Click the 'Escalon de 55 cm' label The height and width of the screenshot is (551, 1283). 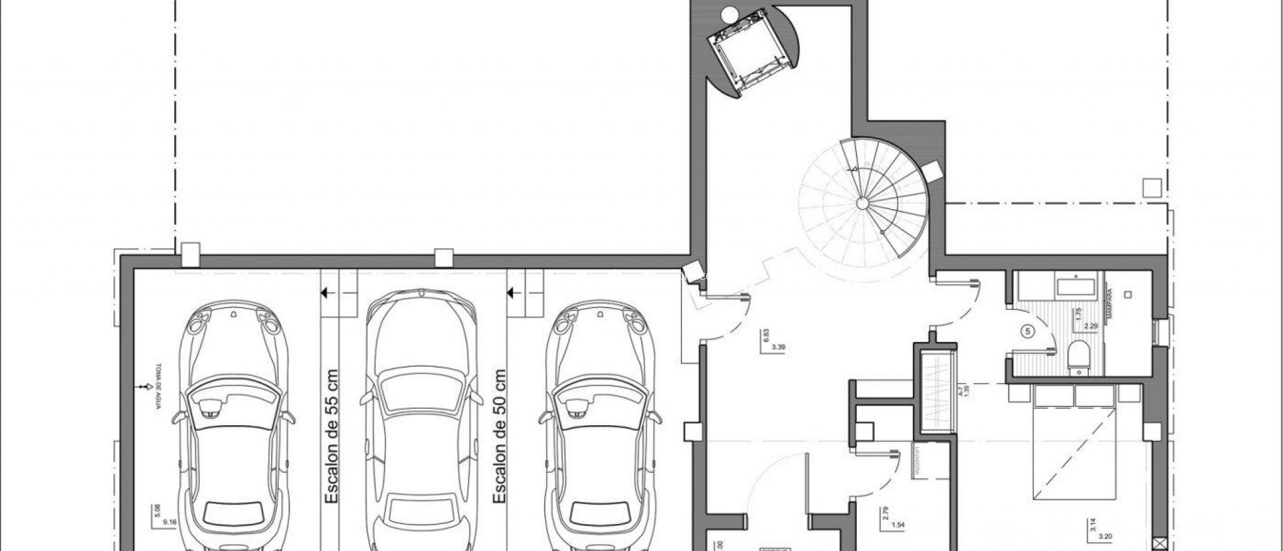[x=331, y=436]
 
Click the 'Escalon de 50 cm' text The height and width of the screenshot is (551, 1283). [x=499, y=436]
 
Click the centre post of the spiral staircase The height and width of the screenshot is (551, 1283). [x=862, y=203]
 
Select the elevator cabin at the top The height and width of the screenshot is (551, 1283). [x=747, y=53]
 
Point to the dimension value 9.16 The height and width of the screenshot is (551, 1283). [x=165, y=521]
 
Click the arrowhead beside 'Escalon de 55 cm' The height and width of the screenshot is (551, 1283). [x=325, y=292]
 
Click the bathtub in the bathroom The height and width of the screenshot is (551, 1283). [x=1076, y=287]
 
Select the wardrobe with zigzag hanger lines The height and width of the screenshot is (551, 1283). [x=937, y=393]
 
